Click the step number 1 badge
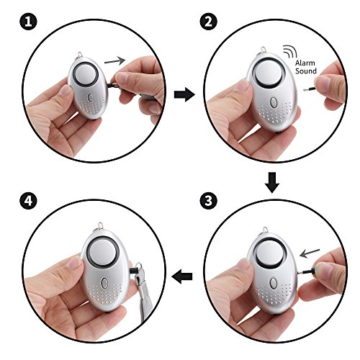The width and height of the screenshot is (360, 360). [28, 22]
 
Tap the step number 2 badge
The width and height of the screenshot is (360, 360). [208, 22]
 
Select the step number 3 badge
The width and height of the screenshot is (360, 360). [208, 201]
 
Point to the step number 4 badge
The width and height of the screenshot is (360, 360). [28, 201]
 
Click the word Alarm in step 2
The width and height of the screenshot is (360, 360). [305, 63]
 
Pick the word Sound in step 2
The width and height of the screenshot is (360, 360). [306, 71]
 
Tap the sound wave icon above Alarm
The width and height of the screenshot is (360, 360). [289, 51]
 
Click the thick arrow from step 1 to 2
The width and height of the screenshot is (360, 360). [184, 94]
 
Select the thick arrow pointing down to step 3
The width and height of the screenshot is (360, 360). [272, 182]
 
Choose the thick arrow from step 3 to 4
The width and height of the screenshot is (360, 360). [182, 276]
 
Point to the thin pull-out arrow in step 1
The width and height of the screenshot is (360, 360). [114, 61]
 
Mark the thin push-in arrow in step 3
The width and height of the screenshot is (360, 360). [310, 253]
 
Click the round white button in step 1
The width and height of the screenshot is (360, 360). [86, 74]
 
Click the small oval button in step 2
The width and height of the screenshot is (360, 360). [273, 102]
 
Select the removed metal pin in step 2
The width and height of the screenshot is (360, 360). [310, 89]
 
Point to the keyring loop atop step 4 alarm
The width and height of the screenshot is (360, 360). [100, 226]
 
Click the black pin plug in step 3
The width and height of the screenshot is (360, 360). [307, 272]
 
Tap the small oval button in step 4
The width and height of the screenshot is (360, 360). [104, 283]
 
